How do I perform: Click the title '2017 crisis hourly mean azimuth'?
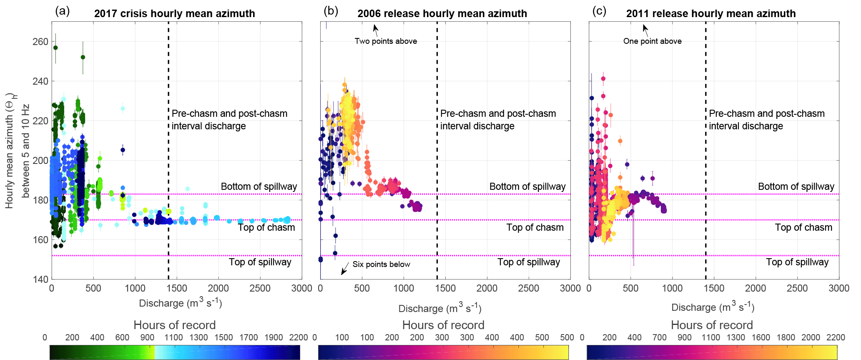[174, 13]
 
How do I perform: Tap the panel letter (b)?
[331, 11]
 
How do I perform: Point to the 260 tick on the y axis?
[40, 42]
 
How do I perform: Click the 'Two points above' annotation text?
[386, 41]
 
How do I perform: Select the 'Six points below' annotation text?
[381, 264]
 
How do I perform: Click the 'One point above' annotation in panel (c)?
[652, 41]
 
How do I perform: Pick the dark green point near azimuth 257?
[55, 48]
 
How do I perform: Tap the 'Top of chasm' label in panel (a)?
[266, 227]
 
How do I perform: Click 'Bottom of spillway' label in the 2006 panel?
[527, 186]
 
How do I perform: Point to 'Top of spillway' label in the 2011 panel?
[797, 262]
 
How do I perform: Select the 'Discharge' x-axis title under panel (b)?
[440, 308]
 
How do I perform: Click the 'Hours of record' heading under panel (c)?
[712, 325]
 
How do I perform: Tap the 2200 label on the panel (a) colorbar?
[299, 337]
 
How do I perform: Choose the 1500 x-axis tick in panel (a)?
[176, 288]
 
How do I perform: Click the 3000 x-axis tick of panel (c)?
[839, 288]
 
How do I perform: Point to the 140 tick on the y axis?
[40, 279]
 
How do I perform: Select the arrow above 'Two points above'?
[376, 29]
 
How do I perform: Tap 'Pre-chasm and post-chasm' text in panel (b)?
[498, 113]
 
